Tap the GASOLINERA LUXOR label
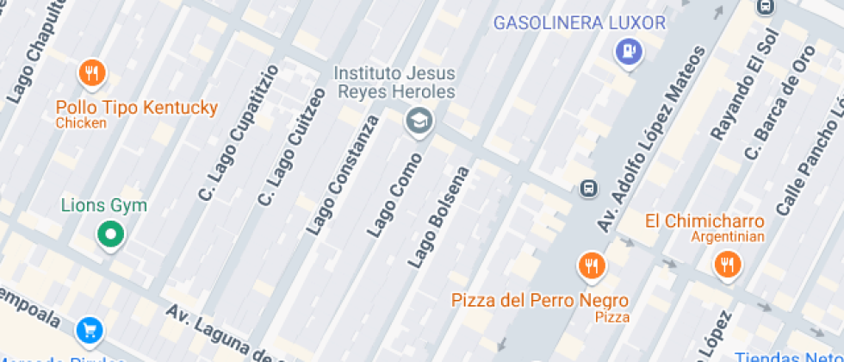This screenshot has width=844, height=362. click(x=580, y=22)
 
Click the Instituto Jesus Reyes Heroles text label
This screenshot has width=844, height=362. click(x=394, y=81)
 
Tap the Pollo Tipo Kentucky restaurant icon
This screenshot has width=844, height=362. click(x=92, y=74)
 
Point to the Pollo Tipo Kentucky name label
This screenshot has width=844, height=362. click(x=136, y=109)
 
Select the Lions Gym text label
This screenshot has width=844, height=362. click(x=104, y=206)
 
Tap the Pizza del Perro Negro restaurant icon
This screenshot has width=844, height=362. click(x=590, y=265)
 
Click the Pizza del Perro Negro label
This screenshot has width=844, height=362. click(x=540, y=301)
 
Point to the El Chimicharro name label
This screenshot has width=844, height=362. click(x=704, y=222)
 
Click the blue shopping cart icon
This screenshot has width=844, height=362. click(x=90, y=329)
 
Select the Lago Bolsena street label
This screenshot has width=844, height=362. click(x=439, y=215)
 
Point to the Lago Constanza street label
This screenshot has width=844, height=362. click(x=342, y=176)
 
